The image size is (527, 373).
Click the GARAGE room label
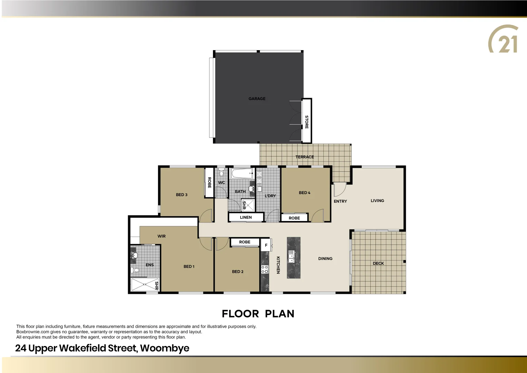coord(257,99)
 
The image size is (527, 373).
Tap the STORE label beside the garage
coord(306,122)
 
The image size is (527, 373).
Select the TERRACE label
coord(305,157)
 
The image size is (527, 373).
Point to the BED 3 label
coord(182,195)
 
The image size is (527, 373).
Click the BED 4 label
coord(304,193)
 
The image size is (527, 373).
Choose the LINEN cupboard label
coord(246,217)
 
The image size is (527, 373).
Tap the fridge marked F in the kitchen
coord(266,245)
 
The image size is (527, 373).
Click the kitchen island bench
coord(294,258)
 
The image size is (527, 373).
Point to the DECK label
coord(378,264)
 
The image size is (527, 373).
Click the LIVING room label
coord(377,201)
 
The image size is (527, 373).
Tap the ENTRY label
coord(340,201)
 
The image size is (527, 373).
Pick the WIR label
coord(162,236)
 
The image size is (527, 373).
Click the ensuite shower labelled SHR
coord(145,285)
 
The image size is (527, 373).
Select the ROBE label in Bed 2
coord(245,242)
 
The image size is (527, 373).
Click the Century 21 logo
coord(504,39)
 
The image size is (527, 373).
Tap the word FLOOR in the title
coord(240,314)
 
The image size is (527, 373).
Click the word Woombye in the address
coord(165,348)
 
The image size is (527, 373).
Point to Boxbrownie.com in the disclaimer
coord(33,332)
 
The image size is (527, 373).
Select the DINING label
coord(325,259)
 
